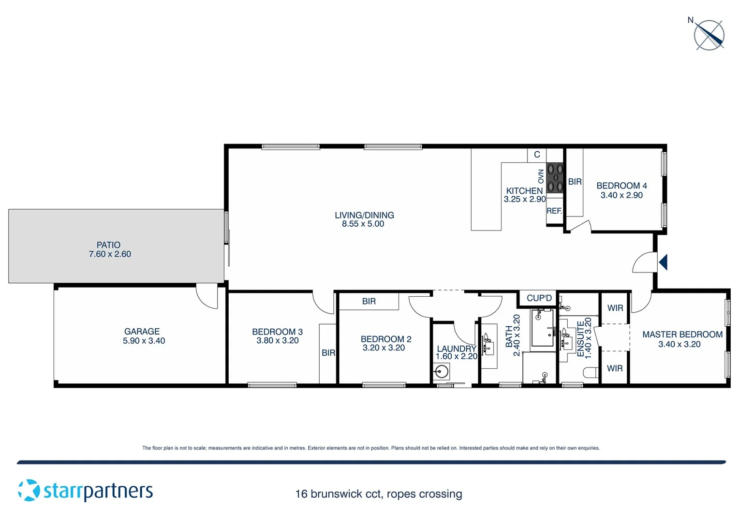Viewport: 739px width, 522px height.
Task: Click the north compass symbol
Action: coord(709,35)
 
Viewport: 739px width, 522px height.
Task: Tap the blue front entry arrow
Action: coord(663,262)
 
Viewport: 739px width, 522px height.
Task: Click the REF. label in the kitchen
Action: coord(554,211)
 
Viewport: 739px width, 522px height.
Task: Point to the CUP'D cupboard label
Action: coord(539,298)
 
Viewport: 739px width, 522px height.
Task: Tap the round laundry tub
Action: coord(441,372)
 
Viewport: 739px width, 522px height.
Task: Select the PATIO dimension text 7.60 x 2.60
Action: coord(110,254)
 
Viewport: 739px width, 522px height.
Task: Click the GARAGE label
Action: coord(142,332)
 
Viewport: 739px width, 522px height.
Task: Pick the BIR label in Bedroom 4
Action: coord(575,182)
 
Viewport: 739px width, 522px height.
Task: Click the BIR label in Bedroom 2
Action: coord(369,302)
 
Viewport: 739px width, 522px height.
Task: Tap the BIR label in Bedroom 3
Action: coord(328,353)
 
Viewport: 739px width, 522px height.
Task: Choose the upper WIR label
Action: coord(615,308)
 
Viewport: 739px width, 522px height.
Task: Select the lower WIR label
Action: coord(615,368)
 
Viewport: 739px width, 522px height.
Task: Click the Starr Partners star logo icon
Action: coord(29,490)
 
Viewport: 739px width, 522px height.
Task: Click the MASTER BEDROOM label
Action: coord(682,334)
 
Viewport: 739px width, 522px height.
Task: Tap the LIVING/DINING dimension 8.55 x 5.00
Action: coord(363,224)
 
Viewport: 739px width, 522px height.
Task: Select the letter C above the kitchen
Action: coord(537,155)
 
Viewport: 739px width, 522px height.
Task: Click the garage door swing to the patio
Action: coord(207,296)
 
